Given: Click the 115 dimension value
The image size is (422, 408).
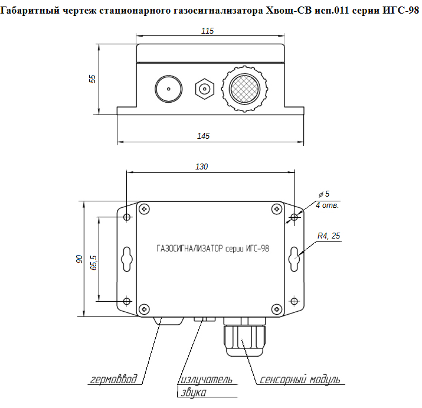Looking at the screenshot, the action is (208, 31).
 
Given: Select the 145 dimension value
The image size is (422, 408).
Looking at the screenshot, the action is (203, 136).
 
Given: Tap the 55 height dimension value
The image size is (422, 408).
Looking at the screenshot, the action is (92, 79).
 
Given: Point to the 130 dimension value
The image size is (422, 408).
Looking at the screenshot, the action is (202, 167).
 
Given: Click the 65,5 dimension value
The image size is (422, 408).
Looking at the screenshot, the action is (93, 263).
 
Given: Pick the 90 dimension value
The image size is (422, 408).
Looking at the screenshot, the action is (79, 259).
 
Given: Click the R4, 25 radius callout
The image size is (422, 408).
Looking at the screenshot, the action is (329, 236).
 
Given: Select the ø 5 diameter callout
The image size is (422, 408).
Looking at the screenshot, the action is (324, 194).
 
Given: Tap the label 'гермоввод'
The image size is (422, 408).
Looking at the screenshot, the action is (113, 379).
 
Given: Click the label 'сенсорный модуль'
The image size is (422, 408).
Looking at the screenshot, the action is (300, 379).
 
